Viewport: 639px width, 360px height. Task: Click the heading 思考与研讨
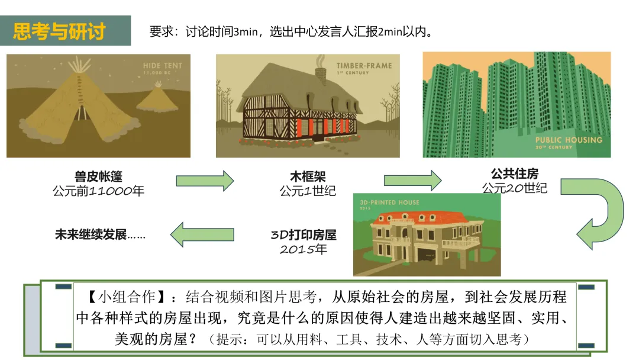pos(59,31)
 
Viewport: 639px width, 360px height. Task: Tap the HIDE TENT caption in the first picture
pos(162,65)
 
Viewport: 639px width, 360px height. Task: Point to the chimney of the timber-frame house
pos(320,72)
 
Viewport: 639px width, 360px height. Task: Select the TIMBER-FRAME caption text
pos(364,66)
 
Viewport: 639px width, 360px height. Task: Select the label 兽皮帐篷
pos(98,176)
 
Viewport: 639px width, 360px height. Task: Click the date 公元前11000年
pos(98,191)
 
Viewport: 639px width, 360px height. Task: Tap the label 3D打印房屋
pos(304,234)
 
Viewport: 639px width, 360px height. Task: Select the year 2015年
pos(304,249)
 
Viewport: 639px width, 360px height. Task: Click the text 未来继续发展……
pos(100,234)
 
